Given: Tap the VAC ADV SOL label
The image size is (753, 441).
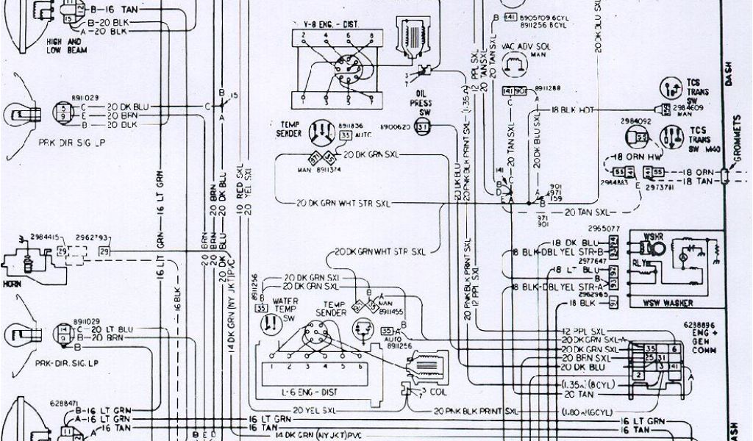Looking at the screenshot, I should (x=521, y=48).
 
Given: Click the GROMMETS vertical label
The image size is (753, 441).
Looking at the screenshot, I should (x=738, y=140).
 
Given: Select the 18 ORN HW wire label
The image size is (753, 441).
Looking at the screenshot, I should (x=636, y=157).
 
